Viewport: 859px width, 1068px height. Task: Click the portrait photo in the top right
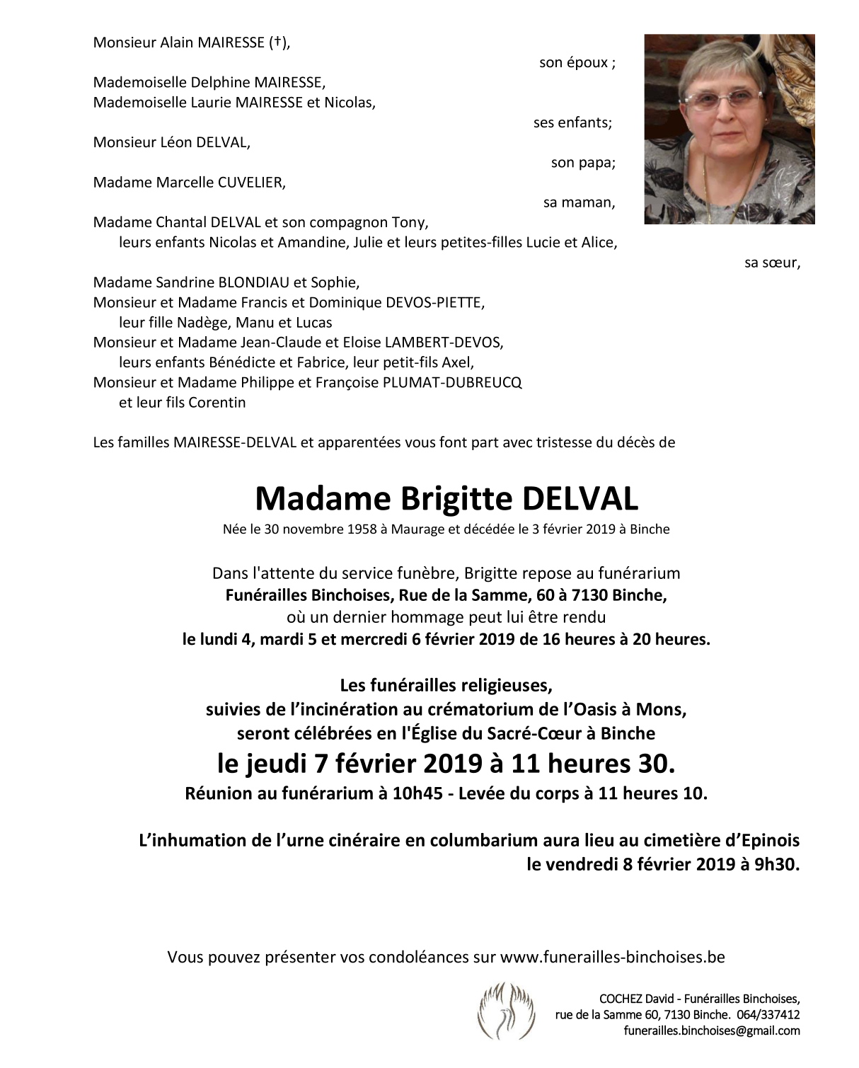tap(729, 129)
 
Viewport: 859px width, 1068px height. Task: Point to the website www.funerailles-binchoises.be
tap(612, 958)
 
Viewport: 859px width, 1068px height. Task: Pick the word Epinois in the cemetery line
tap(772, 841)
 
